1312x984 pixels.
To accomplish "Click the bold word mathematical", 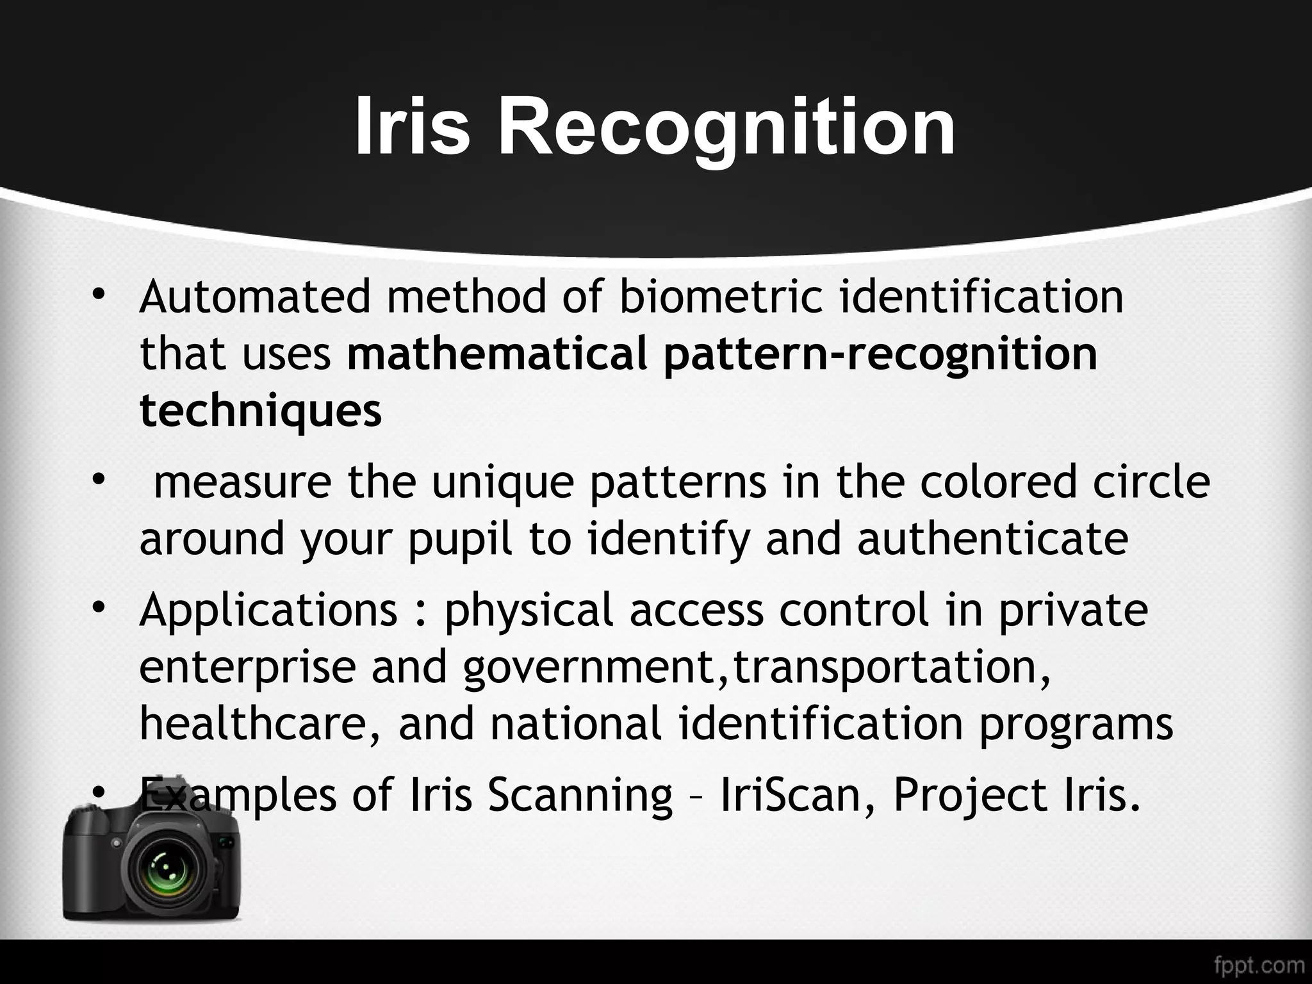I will tap(497, 354).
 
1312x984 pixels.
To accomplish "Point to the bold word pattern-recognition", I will tap(880, 355).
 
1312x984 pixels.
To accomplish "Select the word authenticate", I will tap(992, 538).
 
